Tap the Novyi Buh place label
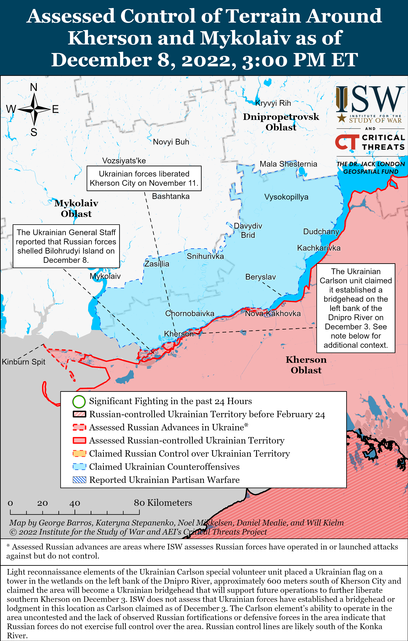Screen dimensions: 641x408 [x=171, y=142]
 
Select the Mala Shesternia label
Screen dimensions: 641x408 [x=288, y=164]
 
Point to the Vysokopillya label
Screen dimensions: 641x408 [x=286, y=197]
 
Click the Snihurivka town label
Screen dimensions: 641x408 [x=205, y=256]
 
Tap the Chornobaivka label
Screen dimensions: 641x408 [x=189, y=313]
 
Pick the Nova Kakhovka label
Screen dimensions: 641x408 [x=272, y=313]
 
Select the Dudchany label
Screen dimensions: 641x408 [x=321, y=232]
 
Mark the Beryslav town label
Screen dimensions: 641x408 [x=260, y=277]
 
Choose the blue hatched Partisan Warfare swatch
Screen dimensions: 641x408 [x=79, y=480]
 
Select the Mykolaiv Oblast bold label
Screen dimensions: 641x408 [x=76, y=208]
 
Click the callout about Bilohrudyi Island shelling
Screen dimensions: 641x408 [x=66, y=246]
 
